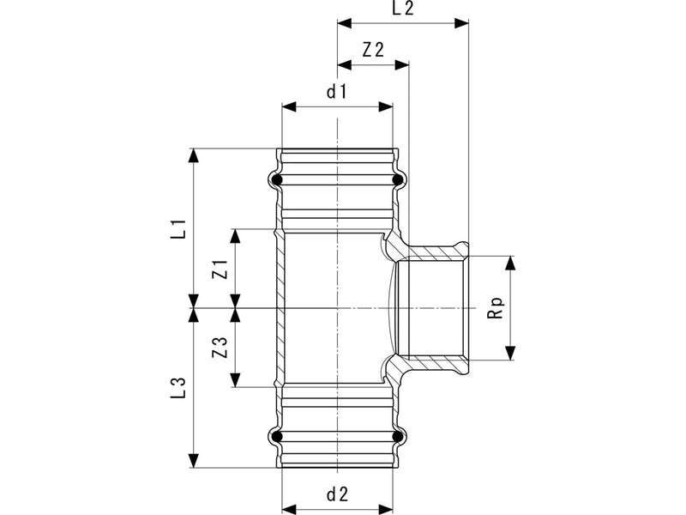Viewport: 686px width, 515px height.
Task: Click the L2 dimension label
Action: click(x=403, y=9)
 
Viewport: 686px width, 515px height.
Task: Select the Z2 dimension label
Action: click(x=373, y=50)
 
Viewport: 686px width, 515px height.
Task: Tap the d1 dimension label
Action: click(x=337, y=92)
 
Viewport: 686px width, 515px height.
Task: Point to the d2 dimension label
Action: click(x=337, y=494)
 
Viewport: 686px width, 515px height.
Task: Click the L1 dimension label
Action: click(x=179, y=228)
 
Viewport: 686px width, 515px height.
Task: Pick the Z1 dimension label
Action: click(x=220, y=269)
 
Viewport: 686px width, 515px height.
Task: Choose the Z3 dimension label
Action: click(x=220, y=348)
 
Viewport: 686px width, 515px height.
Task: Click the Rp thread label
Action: click(x=496, y=308)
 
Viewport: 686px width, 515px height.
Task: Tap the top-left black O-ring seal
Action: click(x=276, y=179)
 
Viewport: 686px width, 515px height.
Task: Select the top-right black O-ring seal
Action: click(x=397, y=179)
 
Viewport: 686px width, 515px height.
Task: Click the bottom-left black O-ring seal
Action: click(x=276, y=437)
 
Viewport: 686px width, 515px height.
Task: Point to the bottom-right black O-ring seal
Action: click(x=397, y=437)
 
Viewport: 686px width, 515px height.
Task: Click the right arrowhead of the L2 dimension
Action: click(x=461, y=23)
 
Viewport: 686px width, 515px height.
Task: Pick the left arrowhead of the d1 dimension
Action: click(x=289, y=106)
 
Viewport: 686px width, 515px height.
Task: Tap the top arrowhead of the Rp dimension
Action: click(x=510, y=264)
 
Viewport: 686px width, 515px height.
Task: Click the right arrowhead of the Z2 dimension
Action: click(x=401, y=65)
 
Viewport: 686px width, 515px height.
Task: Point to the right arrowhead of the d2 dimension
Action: click(x=385, y=509)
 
